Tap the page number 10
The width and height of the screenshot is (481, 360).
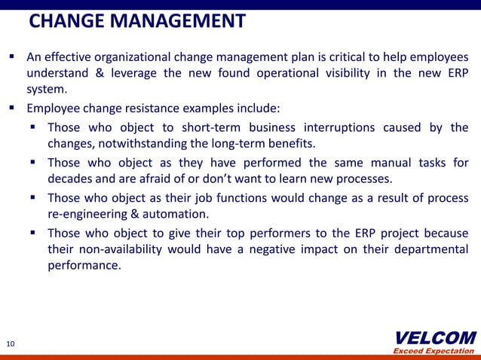tap(10, 344)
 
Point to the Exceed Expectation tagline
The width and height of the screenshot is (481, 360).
tap(435, 351)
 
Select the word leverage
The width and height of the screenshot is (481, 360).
tap(136, 74)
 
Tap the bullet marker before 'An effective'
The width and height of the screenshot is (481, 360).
tap(14, 57)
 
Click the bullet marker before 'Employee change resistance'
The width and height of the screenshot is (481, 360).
tap(14, 107)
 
